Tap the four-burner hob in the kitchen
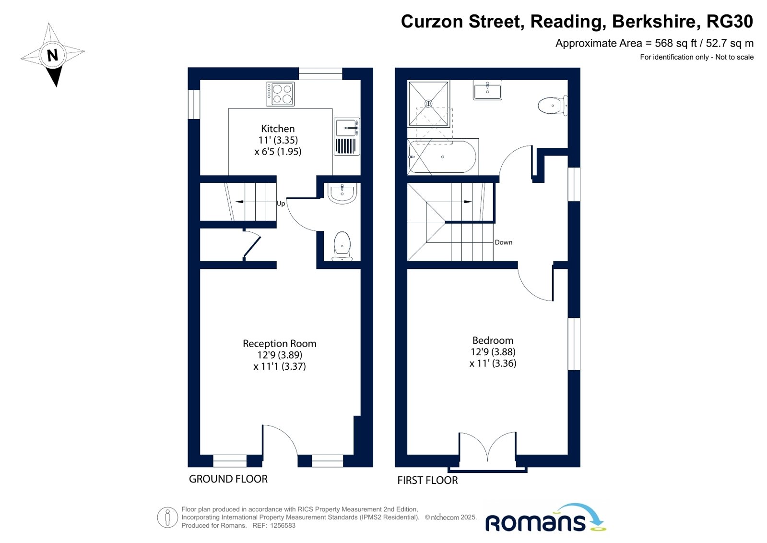(281, 94)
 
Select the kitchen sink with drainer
(347, 137)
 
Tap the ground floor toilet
(342, 246)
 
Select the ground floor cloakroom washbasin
(342, 193)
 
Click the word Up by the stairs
(281, 204)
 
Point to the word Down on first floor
(503, 242)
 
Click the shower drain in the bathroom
(428, 103)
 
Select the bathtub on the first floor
(443, 157)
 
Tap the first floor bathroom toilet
(553, 105)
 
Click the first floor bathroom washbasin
(487, 90)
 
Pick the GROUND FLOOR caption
(228, 479)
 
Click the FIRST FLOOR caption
(427, 480)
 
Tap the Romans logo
(546, 519)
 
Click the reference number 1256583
(283, 526)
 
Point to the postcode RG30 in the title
(730, 21)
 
